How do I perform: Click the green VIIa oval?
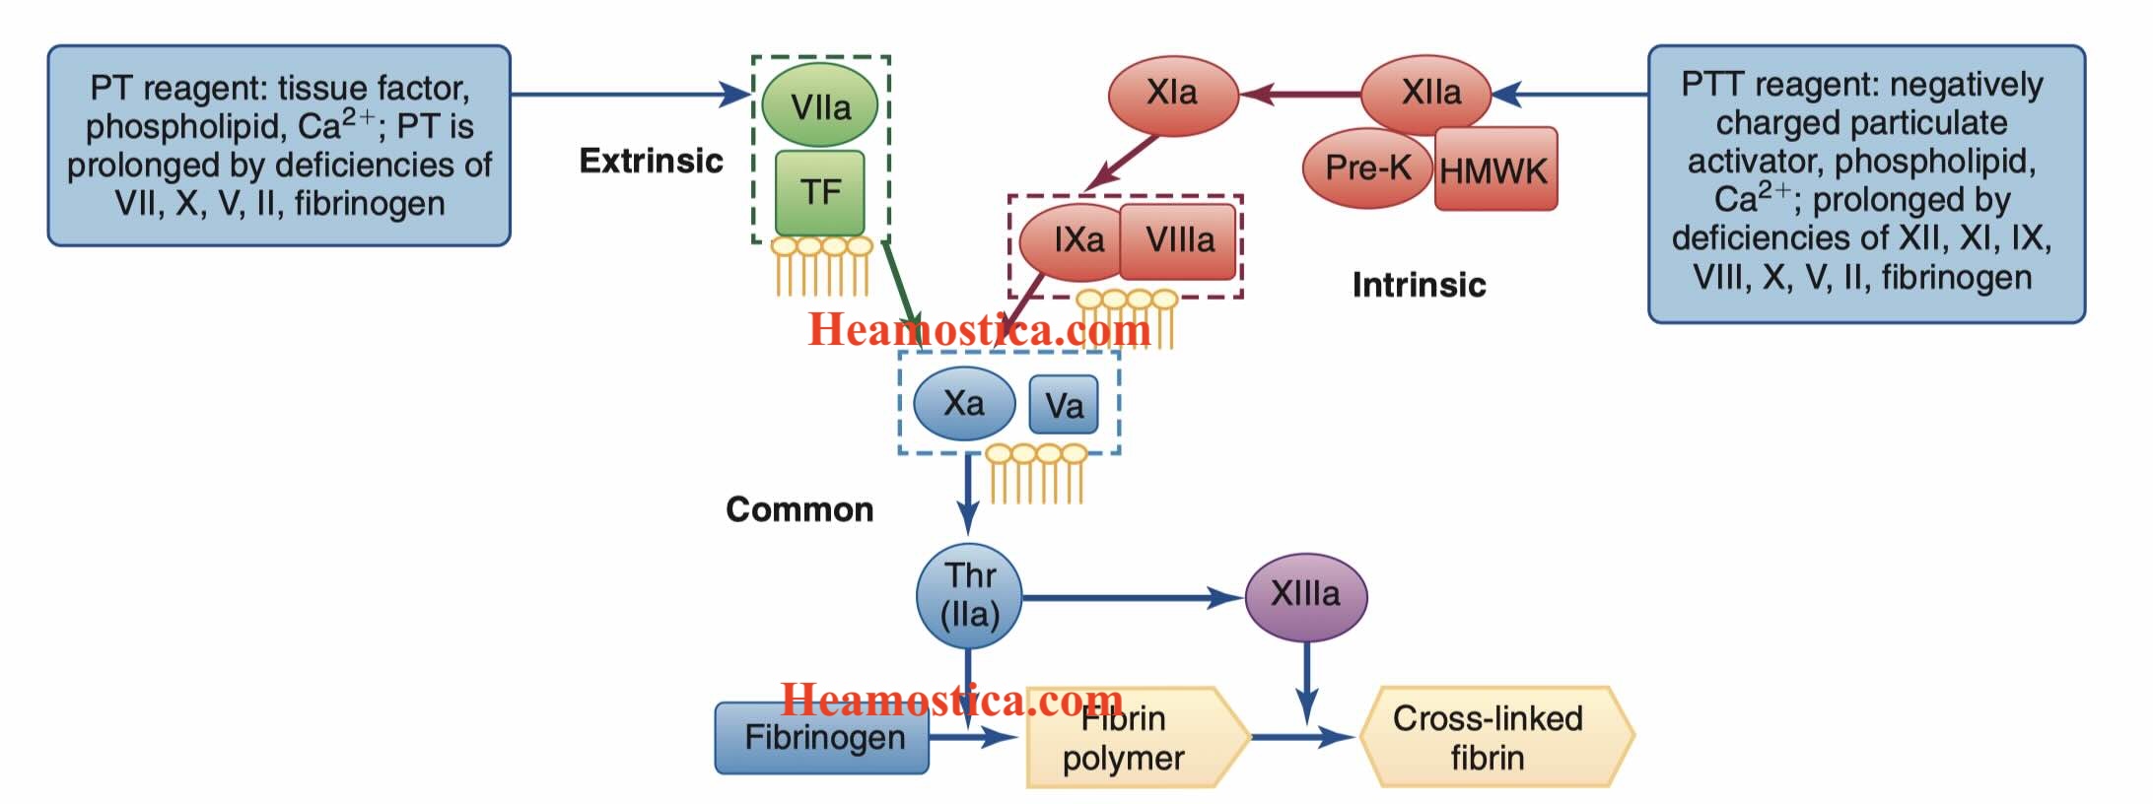pyautogui.click(x=820, y=105)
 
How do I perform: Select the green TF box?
pyautogui.click(x=820, y=192)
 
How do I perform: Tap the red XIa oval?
pyautogui.click(x=1172, y=95)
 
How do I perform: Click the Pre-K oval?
pyautogui.click(x=1366, y=168)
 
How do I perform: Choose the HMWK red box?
pyautogui.click(x=1494, y=169)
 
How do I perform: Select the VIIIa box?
pyautogui.click(x=1179, y=240)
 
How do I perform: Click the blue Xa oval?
pyautogui.click(x=963, y=403)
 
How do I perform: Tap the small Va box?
pyautogui.click(x=1064, y=405)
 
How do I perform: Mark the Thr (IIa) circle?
pyautogui.click(x=969, y=595)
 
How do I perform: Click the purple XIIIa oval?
pyautogui.click(x=1305, y=595)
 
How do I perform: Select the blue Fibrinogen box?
pyautogui.click(x=822, y=737)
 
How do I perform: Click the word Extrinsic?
pyautogui.click(x=651, y=161)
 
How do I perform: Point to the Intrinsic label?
pyautogui.click(x=1419, y=285)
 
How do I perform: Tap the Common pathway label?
pyautogui.click(x=799, y=509)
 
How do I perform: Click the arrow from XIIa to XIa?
pyautogui.click(x=1301, y=95)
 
